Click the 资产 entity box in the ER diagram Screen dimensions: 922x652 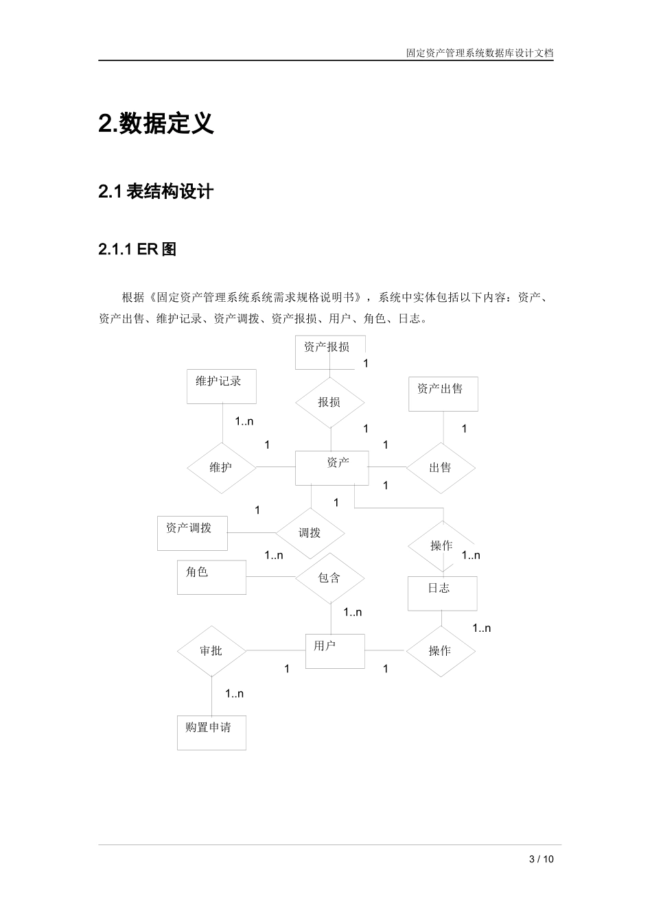coord(331,468)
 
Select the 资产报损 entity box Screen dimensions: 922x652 coord(329,351)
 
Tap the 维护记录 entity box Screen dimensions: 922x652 coord(221,386)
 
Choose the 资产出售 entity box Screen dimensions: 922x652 coord(443,394)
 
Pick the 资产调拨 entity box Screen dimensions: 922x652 coord(192,532)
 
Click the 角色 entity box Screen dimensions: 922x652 coord(211,577)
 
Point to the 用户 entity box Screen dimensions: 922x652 coord(334,650)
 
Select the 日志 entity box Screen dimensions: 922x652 coord(442,593)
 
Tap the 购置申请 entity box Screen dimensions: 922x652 coord(211,732)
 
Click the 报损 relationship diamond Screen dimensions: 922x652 coord(329,402)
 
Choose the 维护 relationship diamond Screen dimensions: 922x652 coord(221,468)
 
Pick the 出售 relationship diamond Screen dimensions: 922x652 coord(440,468)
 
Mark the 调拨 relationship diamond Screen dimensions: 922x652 coord(310,532)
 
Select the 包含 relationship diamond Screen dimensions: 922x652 coord(329,578)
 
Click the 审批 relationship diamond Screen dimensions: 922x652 coord(211,650)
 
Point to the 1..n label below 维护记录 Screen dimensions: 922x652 coord(244,421)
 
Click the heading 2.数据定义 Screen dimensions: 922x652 coord(156,123)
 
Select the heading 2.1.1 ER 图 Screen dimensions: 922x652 coord(137,250)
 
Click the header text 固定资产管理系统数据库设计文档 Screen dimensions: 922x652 coord(480,52)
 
